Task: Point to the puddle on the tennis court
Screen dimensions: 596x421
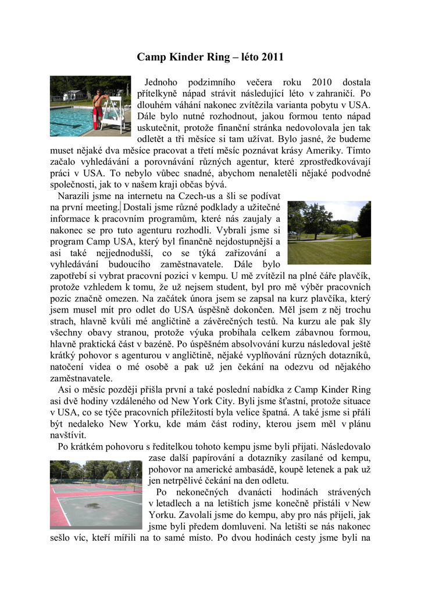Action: click(x=92, y=505)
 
